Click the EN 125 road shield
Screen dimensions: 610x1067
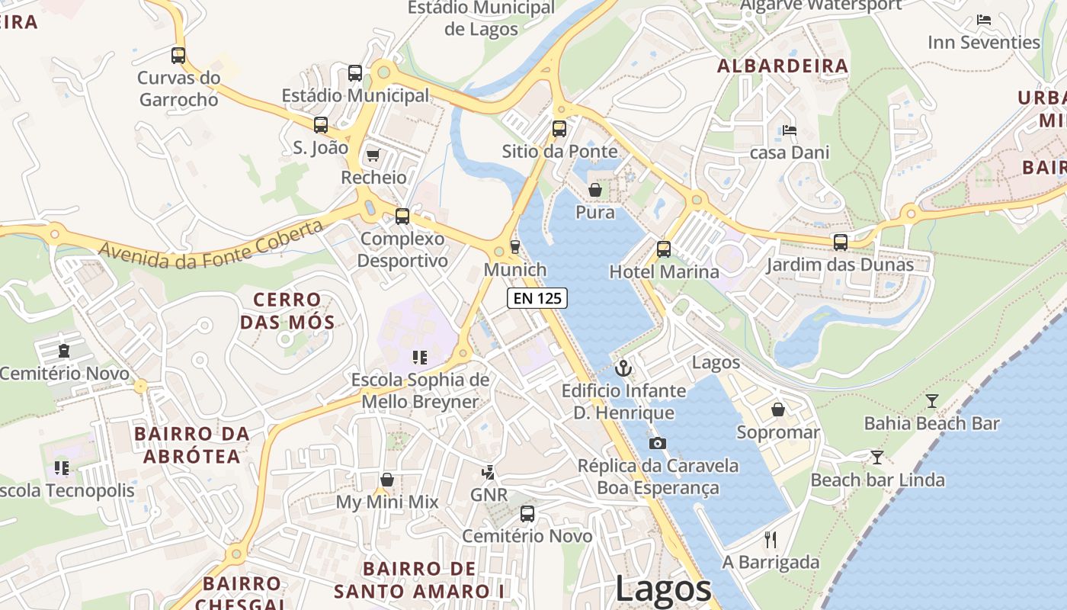(x=537, y=298)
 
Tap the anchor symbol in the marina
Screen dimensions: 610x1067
(x=623, y=368)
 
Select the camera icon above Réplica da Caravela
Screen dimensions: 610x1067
(x=657, y=443)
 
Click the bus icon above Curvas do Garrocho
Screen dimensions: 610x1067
(x=178, y=56)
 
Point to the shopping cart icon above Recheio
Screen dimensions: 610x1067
(x=373, y=156)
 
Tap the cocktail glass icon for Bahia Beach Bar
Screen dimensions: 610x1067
(x=931, y=401)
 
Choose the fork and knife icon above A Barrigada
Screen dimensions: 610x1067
(x=771, y=540)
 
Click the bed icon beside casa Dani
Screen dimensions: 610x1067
(x=790, y=130)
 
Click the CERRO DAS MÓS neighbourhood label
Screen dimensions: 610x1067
(x=287, y=311)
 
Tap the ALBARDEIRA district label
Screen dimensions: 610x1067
(x=783, y=66)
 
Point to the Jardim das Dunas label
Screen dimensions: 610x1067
(x=839, y=265)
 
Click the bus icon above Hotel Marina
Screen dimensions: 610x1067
(x=664, y=249)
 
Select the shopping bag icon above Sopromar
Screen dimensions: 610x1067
(x=777, y=410)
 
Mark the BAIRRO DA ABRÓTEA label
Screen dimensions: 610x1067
(x=191, y=445)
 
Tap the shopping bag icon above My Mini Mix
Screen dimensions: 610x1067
(x=387, y=480)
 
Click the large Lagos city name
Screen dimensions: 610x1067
(x=663, y=589)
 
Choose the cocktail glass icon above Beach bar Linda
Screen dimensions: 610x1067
(x=877, y=457)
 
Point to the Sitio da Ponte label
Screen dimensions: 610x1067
(x=559, y=151)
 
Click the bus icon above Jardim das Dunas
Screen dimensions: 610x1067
(x=840, y=242)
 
